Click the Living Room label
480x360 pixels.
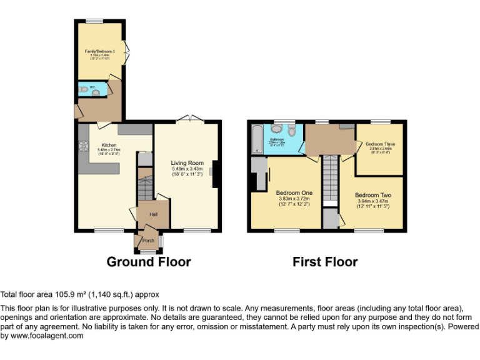[x=187, y=163]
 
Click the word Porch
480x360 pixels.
[x=148, y=241]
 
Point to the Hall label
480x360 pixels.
[x=152, y=214]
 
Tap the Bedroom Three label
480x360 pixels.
[x=380, y=143]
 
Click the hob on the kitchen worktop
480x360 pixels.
[x=82, y=148]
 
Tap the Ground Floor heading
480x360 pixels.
[x=149, y=262]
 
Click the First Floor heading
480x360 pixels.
[x=325, y=262]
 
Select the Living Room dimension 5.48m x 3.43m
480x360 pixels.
[x=187, y=169]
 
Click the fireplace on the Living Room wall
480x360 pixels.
[x=214, y=174]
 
